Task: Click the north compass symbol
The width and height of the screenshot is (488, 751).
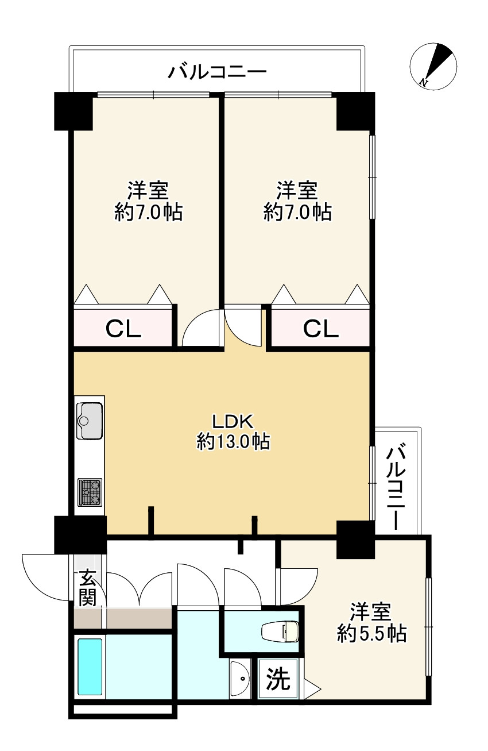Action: pos(433,67)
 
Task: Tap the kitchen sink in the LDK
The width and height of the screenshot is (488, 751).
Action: pos(89,421)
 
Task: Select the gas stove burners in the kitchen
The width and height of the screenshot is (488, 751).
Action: pos(90,492)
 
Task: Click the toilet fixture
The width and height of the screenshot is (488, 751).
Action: pos(280,632)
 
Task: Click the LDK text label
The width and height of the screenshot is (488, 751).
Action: pos(233,422)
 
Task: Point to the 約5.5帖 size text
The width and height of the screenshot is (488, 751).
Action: pos(371,633)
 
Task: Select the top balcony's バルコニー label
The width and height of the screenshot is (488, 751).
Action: pos(217,72)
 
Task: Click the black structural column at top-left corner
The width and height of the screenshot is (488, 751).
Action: pos(73,111)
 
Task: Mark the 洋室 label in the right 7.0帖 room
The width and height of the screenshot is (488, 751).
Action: pos(297,190)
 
